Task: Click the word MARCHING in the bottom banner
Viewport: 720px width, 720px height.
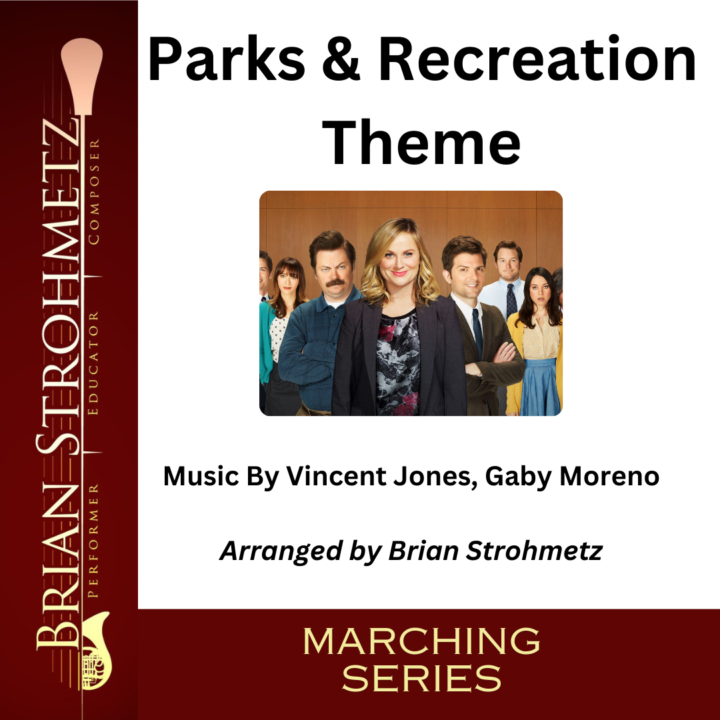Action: click(x=421, y=642)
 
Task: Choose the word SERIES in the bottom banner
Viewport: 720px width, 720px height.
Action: click(x=421, y=679)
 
